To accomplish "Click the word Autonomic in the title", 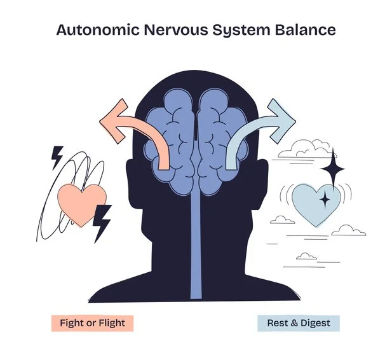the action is (97, 30).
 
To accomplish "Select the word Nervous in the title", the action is (176, 30).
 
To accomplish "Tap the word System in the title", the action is (241, 31).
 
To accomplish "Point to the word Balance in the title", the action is (306, 30).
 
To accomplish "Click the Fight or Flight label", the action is (92, 323).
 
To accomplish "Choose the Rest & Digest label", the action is (299, 323).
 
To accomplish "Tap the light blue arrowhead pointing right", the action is (281, 121).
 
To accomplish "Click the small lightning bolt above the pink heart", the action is (57, 158).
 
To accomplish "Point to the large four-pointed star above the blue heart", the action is (333, 169).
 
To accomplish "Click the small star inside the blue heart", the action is (325, 199).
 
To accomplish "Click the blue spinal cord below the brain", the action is (196, 246).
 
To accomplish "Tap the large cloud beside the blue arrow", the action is (307, 149).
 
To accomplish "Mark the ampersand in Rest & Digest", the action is (295, 323).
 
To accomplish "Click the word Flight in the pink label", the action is (112, 323).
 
